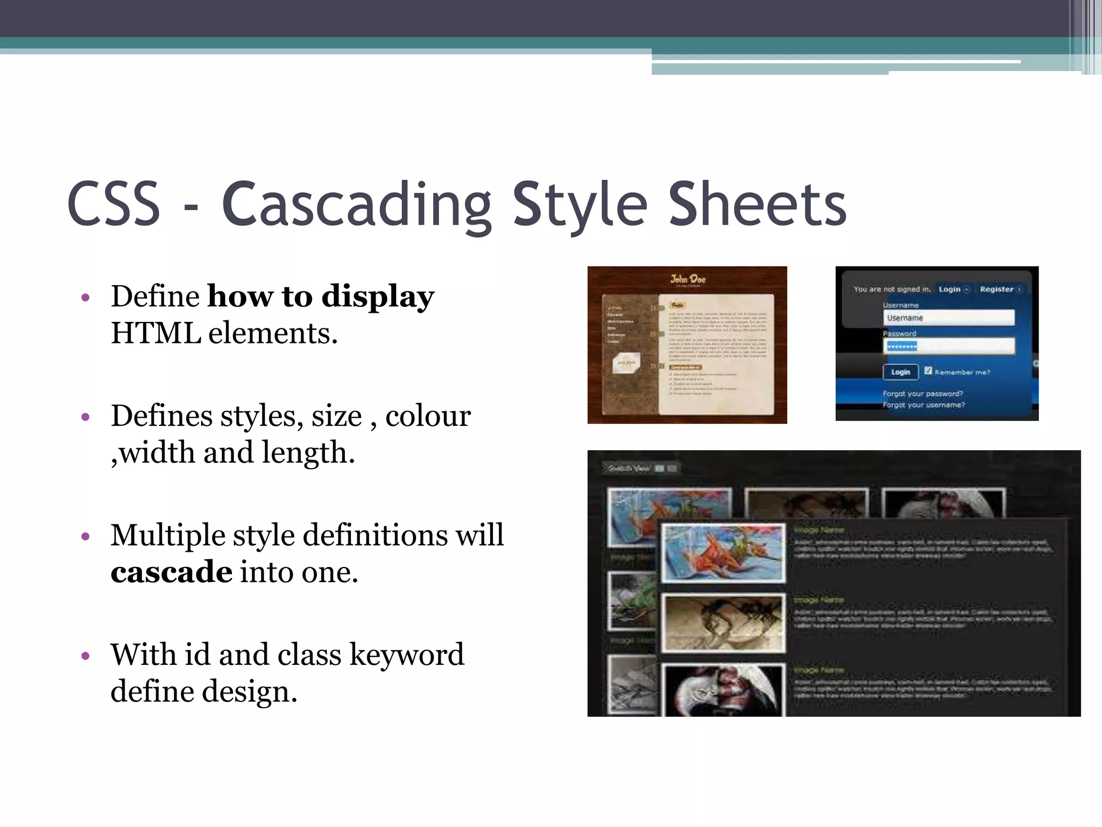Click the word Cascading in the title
(356, 205)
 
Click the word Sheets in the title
(757, 205)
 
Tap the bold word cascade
(171, 572)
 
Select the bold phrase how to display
(321, 296)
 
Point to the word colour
(428, 416)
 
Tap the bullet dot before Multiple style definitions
(85, 536)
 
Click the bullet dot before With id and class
(85, 656)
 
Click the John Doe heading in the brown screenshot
(688, 279)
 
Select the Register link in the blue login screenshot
(997, 289)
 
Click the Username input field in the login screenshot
(948, 318)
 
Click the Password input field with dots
(948, 346)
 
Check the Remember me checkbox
(928, 370)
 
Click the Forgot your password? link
(922, 394)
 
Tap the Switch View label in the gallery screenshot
(628, 468)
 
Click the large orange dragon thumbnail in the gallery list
(723, 553)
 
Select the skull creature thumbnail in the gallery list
(723, 691)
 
